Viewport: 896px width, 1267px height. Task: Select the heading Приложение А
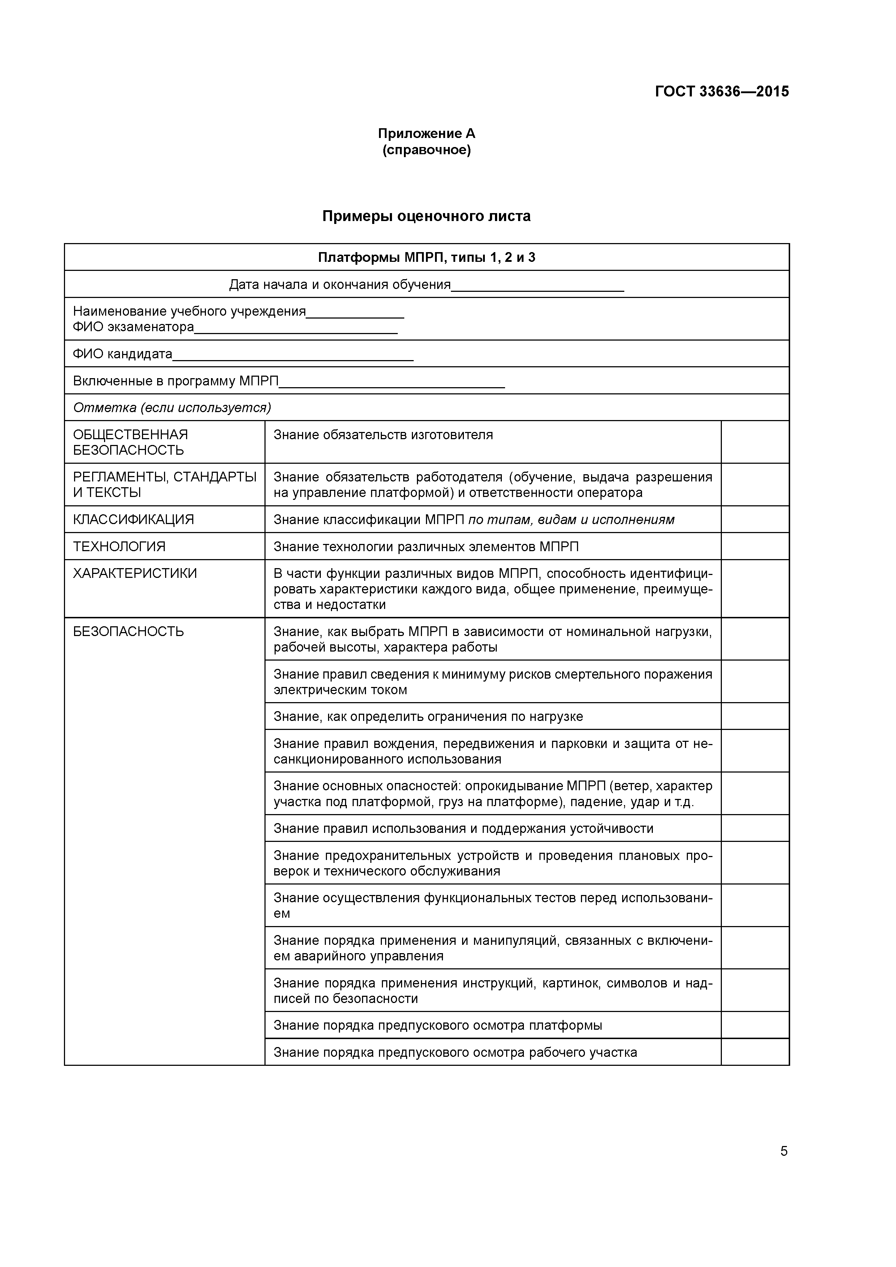point(426,134)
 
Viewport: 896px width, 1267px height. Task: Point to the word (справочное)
point(426,150)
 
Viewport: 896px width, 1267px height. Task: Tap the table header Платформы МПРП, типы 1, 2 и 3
point(426,258)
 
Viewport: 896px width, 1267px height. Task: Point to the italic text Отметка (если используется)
point(172,408)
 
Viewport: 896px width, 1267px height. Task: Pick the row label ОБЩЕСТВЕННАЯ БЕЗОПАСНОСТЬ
point(130,442)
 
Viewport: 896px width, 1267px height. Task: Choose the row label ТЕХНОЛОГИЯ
point(119,547)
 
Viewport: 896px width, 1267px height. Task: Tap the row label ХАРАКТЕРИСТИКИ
point(135,573)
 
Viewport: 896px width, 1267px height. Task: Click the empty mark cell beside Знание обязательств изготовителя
point(755,442)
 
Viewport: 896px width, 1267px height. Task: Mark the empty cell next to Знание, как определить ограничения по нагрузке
point(755,716)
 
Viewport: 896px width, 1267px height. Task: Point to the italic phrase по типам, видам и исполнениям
point(571,520)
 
